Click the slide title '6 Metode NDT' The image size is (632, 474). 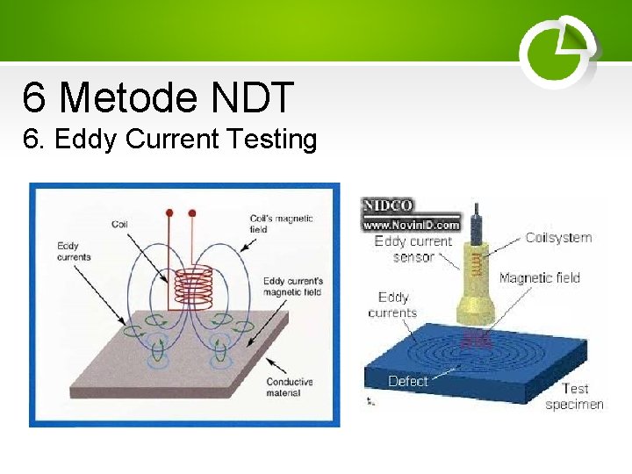[x=158, y=97]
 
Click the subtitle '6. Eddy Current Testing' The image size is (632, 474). [x=170, y=139]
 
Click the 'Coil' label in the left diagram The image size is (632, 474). [x=120, y=224]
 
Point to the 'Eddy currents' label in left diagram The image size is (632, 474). [x=74, y=251]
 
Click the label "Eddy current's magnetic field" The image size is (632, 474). [x=293, y=286]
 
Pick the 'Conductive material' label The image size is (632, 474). [x=289, y=387]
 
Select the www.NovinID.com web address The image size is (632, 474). [x=412, y=224]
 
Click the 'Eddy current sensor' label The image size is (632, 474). [x=413, y=249]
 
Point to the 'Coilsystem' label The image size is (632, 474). [x=558, y=237]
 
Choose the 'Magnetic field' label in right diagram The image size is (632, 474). [x=539, y=278]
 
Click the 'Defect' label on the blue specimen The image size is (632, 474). [x=407, y=381]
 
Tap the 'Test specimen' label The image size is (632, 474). [x=575, y=396]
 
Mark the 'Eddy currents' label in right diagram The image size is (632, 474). [x=393, y=305]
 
